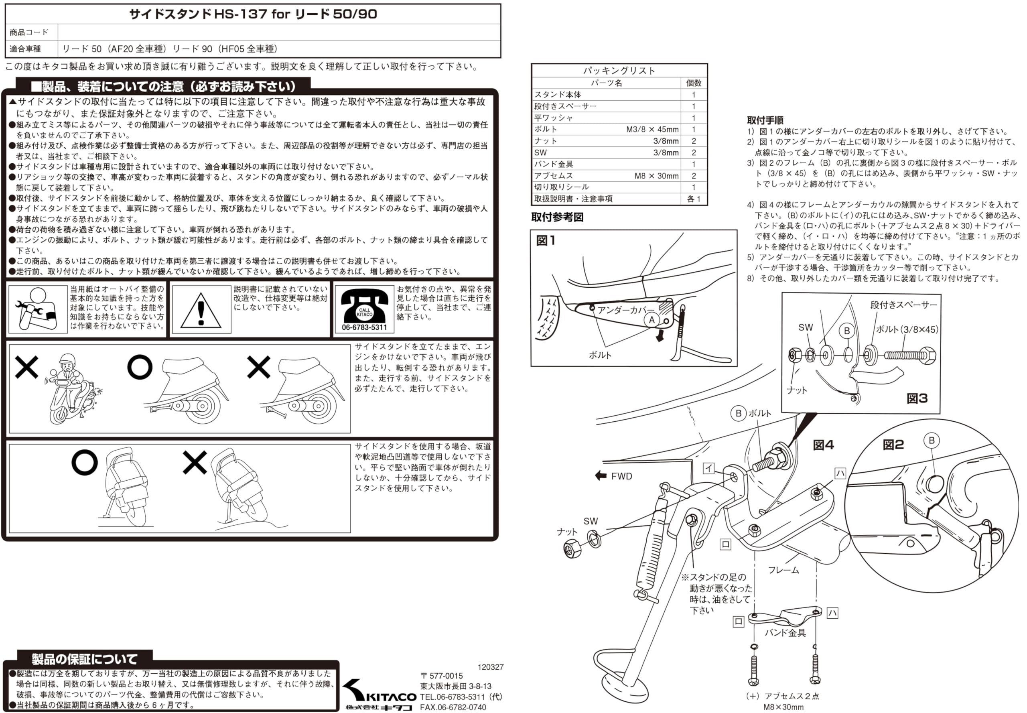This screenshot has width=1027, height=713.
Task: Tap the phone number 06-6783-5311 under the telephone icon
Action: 364,327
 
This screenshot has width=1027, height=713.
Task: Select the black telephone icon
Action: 364,306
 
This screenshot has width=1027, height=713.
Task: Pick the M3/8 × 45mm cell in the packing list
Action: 652,130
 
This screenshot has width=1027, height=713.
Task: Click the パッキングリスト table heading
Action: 619,71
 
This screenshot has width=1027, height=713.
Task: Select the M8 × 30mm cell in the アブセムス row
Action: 656,176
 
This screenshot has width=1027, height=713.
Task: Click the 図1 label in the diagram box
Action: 546,241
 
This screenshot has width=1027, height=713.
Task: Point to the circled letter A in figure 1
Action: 652,320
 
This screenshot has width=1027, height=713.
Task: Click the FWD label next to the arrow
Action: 621,476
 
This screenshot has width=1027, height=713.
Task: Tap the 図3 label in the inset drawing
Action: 917,398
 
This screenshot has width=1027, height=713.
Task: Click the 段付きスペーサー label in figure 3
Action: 903,305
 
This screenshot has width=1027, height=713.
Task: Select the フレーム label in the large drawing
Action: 783,570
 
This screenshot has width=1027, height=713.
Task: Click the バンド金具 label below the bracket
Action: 785,633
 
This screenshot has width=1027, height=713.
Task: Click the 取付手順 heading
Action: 765,120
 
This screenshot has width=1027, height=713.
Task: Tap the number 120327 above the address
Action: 490,667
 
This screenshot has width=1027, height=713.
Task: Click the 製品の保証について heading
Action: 84,659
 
